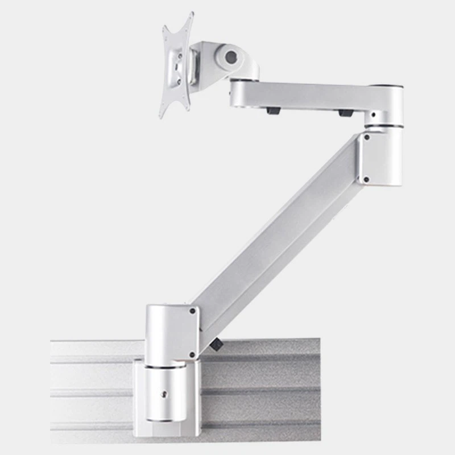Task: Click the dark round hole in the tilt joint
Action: click(x=230, y=57)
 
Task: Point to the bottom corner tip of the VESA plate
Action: click(x=162, y=115)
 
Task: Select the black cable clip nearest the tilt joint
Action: click(x=274, y=110)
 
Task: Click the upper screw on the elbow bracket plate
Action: click(x=367, y=137)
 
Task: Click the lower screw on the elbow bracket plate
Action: click(x=366, y=179)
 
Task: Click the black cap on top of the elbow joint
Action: click(x=392, y=86)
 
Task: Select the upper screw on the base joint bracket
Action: click(x=192, y=311)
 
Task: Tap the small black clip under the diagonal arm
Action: click(x=215, y=344)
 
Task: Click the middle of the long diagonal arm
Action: click(x=279, y=227)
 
